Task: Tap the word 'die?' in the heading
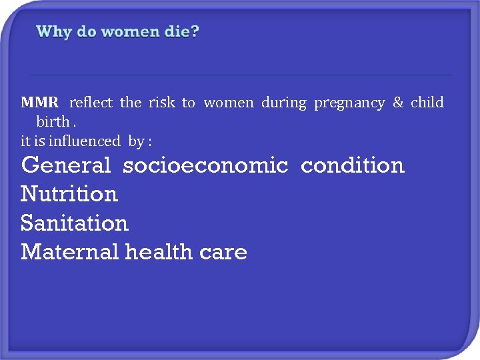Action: point(181,31)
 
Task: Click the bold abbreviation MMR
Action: point(40,103)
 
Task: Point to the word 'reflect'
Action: point(91,103)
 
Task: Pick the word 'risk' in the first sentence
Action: point(161,103)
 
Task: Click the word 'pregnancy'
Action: point(349,103)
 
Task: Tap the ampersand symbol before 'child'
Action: point(398,103)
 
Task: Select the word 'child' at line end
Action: point(427,103)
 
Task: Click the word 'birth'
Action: point(53,122)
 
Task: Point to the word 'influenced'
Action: point(82,141)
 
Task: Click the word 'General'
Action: point(66,165)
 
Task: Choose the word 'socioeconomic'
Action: point(205,165)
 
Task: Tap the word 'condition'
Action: point(353,165)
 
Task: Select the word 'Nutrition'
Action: point(69,194)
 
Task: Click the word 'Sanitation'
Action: point(75,223)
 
